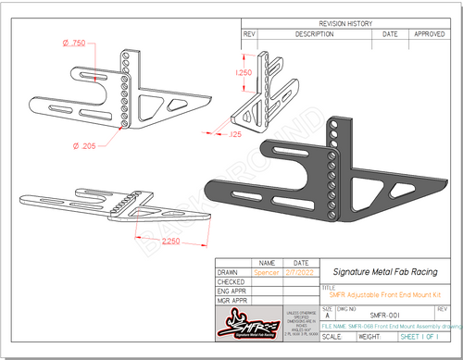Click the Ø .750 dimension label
pyautogui.click(x=73, y=43)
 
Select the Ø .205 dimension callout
pyautogui.click(x=84, y=146)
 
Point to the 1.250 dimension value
pyautogui.click(x=244, y=72)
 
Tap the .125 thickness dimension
pyautogui.click(x=234, y=135)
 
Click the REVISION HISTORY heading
pyautogui.click(x=346, y=23)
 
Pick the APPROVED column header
pyautogui.click(x=429, y=33)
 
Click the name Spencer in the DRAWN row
pyautogui.click(x=267, y=272)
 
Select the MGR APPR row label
pyautogui.click(x=234, y=301)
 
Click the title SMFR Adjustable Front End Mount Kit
pyautogui.click(x=373, y=293)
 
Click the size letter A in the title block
pyautogui.click(x=327, y=316)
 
